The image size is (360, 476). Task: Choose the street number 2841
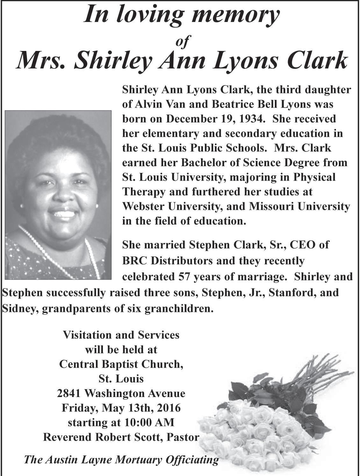(x=69, y=394)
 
